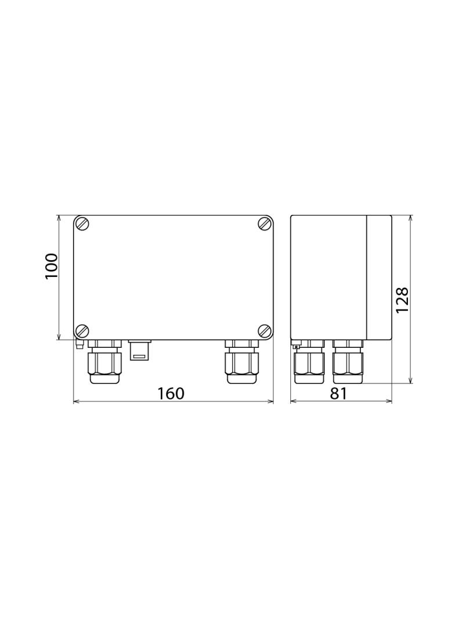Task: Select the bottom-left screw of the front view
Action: point(83,331)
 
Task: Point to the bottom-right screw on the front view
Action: point(265,331)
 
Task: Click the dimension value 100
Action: point(52,266)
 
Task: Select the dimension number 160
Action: point(171,393)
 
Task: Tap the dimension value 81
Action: point(338,393)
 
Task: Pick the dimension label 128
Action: point(403,300)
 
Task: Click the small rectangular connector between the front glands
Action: point(139,350)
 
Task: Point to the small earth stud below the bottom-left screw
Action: point(79,346)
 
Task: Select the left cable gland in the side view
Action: point(309,362)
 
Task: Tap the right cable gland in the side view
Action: point(348,362)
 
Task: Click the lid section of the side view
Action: point(379,277)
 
